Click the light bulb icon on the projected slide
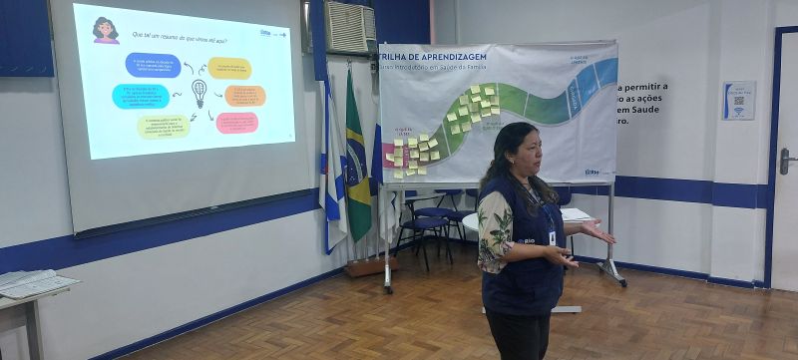click(199, 93)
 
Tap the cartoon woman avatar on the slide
click(105, 31)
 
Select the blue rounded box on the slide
click(153, 65)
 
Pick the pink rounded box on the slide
click(236, 122)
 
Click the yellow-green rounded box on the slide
click(163, 126)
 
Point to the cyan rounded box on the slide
click(141, 96)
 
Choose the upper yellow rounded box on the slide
click(229, 68)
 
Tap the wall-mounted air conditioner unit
click(350, 27)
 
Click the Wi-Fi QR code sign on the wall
click(738, 101)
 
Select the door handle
click(785, 159)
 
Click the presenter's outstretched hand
click(599, 233)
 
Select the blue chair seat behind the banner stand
click(430, 221)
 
